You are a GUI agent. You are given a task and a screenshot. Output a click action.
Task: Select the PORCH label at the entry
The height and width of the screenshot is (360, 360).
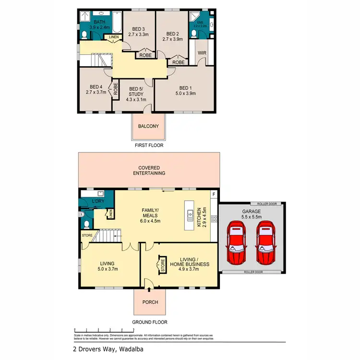[150, 302]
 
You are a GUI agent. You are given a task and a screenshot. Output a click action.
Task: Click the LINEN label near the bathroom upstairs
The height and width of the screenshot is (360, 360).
[114, 37]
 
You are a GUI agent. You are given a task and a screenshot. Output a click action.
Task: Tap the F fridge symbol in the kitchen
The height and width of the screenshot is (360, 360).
[214, 194]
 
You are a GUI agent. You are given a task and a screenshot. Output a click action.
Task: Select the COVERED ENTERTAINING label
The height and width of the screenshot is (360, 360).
[149, 170]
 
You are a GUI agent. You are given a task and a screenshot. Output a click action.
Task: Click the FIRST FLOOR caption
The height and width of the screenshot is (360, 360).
[149, 144]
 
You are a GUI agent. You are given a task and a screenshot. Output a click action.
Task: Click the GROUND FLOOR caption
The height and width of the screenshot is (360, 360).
[150, 322]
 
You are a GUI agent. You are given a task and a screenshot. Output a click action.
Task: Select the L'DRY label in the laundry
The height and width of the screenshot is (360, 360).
[98, 200]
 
